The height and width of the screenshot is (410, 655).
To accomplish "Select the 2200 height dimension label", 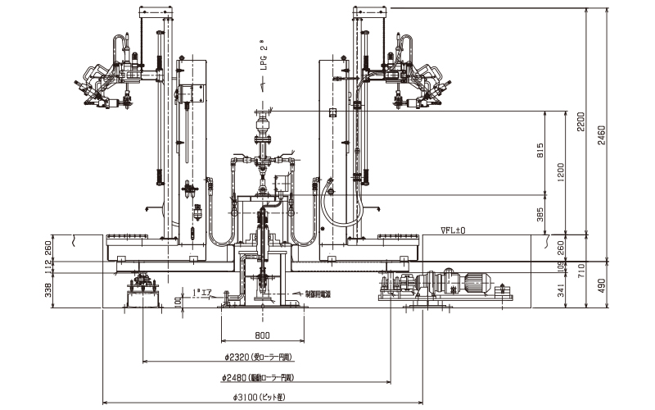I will tap(582, 123).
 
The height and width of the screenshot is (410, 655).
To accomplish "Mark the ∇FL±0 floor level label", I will tap(453, 230).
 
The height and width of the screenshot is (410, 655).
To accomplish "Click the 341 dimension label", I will tap(561, 289).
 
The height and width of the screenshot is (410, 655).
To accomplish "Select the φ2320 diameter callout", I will tap(258, 358).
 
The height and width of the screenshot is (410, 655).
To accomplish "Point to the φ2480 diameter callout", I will tap(258, 378).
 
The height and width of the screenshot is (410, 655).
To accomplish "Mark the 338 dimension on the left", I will tap(47, 288).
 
